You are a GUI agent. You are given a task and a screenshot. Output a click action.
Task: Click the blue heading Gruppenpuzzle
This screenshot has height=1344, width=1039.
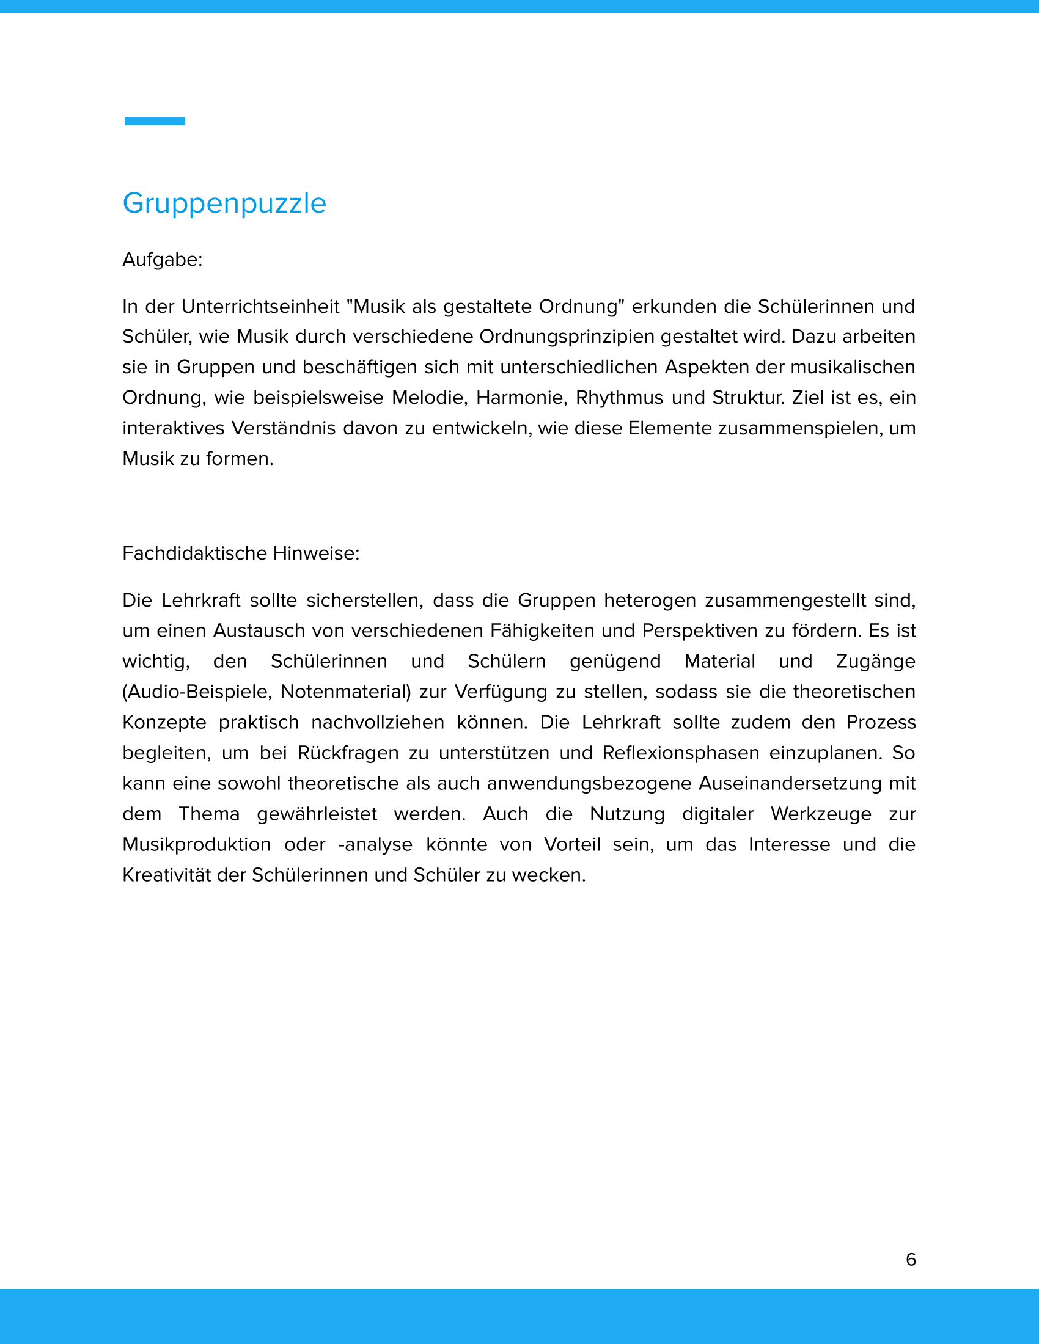(x=224, y=203)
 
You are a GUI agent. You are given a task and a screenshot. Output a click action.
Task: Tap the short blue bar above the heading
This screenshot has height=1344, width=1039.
(x=155, y=121)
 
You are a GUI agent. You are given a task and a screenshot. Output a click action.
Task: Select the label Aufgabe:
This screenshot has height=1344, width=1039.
(x=163, y=260)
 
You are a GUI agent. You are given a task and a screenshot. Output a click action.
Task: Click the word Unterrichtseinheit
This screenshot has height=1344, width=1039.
(x=260, y=307)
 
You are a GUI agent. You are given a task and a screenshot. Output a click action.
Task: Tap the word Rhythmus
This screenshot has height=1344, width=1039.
(x=619, y=398)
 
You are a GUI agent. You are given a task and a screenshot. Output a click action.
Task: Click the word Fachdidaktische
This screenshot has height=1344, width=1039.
(x=194, y=553)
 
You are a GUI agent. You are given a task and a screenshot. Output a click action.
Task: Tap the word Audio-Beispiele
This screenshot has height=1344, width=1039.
(x=197, y=692)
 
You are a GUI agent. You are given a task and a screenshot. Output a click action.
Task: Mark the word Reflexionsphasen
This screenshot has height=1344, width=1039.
(x=681, y=753)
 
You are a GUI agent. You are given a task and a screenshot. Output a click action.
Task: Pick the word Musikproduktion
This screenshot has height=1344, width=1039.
(x=196, y=844)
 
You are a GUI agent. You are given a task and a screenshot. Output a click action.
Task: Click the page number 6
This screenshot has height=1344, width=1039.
(x=911, y=1259)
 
